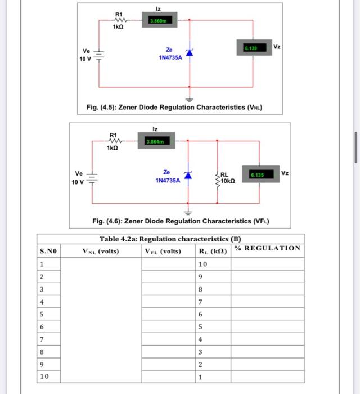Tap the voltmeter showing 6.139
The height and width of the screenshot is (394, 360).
tap(251, 48)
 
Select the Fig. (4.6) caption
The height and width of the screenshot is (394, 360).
tap(181, 221)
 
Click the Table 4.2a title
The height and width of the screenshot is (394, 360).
tap(170, 239)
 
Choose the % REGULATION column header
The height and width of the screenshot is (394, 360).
tap(268, 248)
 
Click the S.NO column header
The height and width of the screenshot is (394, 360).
tap(48, 251)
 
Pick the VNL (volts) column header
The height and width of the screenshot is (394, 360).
tap(101, 251)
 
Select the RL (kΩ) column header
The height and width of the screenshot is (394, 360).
tap(213, 251)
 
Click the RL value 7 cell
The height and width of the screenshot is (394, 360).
tap(201, 303)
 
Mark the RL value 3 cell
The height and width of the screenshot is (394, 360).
tap(201, 352)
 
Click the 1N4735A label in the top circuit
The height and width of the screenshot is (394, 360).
tap(170, 57)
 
